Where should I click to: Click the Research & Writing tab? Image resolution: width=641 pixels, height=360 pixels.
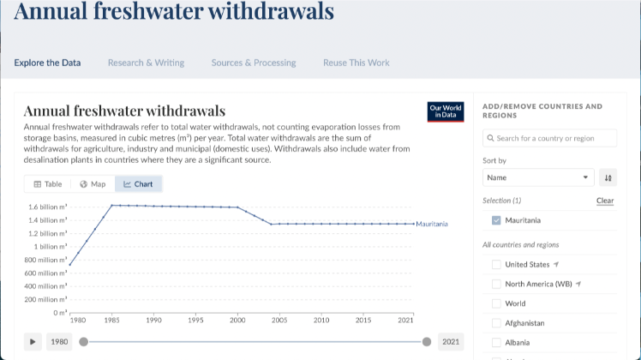tap(146, 63)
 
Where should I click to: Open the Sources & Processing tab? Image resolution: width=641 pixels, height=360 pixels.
tap(254, 63)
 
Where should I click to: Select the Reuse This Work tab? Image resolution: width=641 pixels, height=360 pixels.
tap(356, 63)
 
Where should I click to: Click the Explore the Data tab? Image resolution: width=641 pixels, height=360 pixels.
tap(47, 63)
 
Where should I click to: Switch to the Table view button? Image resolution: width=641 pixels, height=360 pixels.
tap(48, 184)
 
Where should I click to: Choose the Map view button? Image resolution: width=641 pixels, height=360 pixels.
tap(93, 184)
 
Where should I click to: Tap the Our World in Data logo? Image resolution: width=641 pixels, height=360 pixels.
tap(446, 111)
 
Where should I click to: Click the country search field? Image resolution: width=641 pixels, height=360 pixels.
tap(550, 138)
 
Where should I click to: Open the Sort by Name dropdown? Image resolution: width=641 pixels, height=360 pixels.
tap(538, 177)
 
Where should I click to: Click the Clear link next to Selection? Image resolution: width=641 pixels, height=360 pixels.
tap(605, 201)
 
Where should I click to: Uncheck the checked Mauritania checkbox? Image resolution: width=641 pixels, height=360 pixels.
tap(496, 220)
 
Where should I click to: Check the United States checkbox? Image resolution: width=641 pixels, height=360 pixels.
tap(496, 264)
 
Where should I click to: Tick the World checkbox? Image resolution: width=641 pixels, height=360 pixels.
tap(496, 303)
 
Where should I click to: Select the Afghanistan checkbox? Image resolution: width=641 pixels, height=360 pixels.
tap(496, 323)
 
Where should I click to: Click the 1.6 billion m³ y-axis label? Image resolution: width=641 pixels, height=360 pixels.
tap(48, 207)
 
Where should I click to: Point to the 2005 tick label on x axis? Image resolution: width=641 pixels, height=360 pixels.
tap(279, 321)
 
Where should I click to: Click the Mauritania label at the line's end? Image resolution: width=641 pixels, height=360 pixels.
tap(432, 224)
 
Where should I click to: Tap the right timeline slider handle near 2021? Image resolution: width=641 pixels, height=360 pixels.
tap(427, 342)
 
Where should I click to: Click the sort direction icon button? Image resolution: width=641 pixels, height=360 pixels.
tap(608, 177)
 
